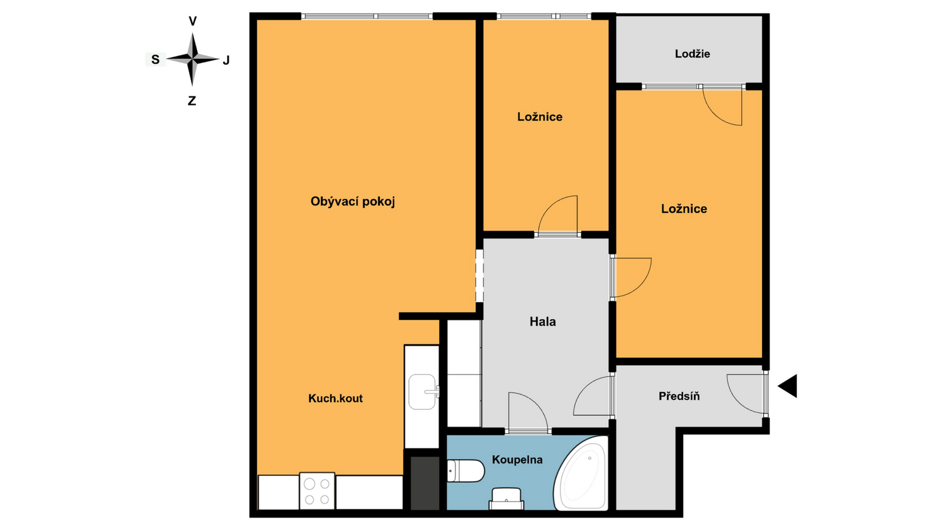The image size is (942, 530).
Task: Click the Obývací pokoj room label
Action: coord(353,202)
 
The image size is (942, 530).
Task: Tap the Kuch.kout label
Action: coord(335,398)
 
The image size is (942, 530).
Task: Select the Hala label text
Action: coord(542,322)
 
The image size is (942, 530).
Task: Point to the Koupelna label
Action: coord(517,460)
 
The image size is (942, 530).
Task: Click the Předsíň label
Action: coord(679,396)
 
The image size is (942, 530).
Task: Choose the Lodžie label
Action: coord(692,54)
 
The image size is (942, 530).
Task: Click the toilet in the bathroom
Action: coord(466,471)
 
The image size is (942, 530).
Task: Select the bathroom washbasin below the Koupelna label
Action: coord(506,499)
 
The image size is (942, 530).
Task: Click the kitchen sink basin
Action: coord(422,392)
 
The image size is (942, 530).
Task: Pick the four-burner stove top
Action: coord(317,491)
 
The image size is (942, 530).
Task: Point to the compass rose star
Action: coord(192,59)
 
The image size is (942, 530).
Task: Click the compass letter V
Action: coord(193,21)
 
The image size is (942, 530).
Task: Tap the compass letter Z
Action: coord(192,101)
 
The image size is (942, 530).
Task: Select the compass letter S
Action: coord(155,59)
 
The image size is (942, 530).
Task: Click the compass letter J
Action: coord(226,60)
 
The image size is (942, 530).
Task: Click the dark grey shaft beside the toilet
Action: coord(424,483)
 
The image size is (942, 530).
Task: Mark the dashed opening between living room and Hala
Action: coord(479,276)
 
